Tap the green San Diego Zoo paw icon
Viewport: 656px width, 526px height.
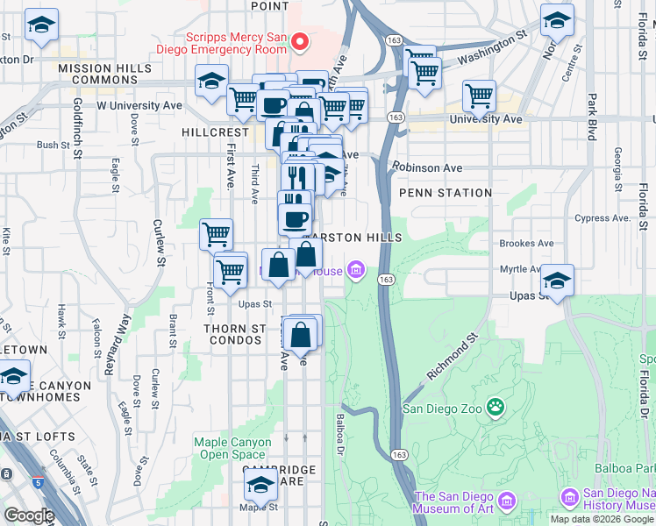[496, 407]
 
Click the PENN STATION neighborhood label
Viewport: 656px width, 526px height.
[445, 193]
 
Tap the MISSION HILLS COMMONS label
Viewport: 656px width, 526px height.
[97, 74]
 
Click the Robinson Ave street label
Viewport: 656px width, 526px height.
[427, 167]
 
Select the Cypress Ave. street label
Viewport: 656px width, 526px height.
[602, 217]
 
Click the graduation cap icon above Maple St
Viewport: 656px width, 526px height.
[261, 485]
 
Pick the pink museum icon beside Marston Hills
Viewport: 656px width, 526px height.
[356, 269]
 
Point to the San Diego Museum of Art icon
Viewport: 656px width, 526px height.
[506, 502]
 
